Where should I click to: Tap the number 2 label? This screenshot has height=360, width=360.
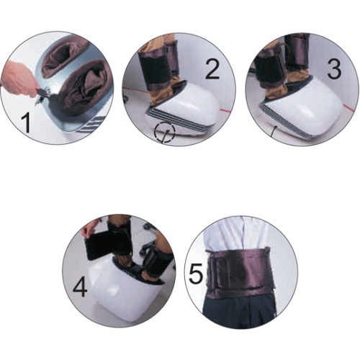pos(212,70)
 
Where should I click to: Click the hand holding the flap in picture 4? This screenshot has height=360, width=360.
pos(89,230)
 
